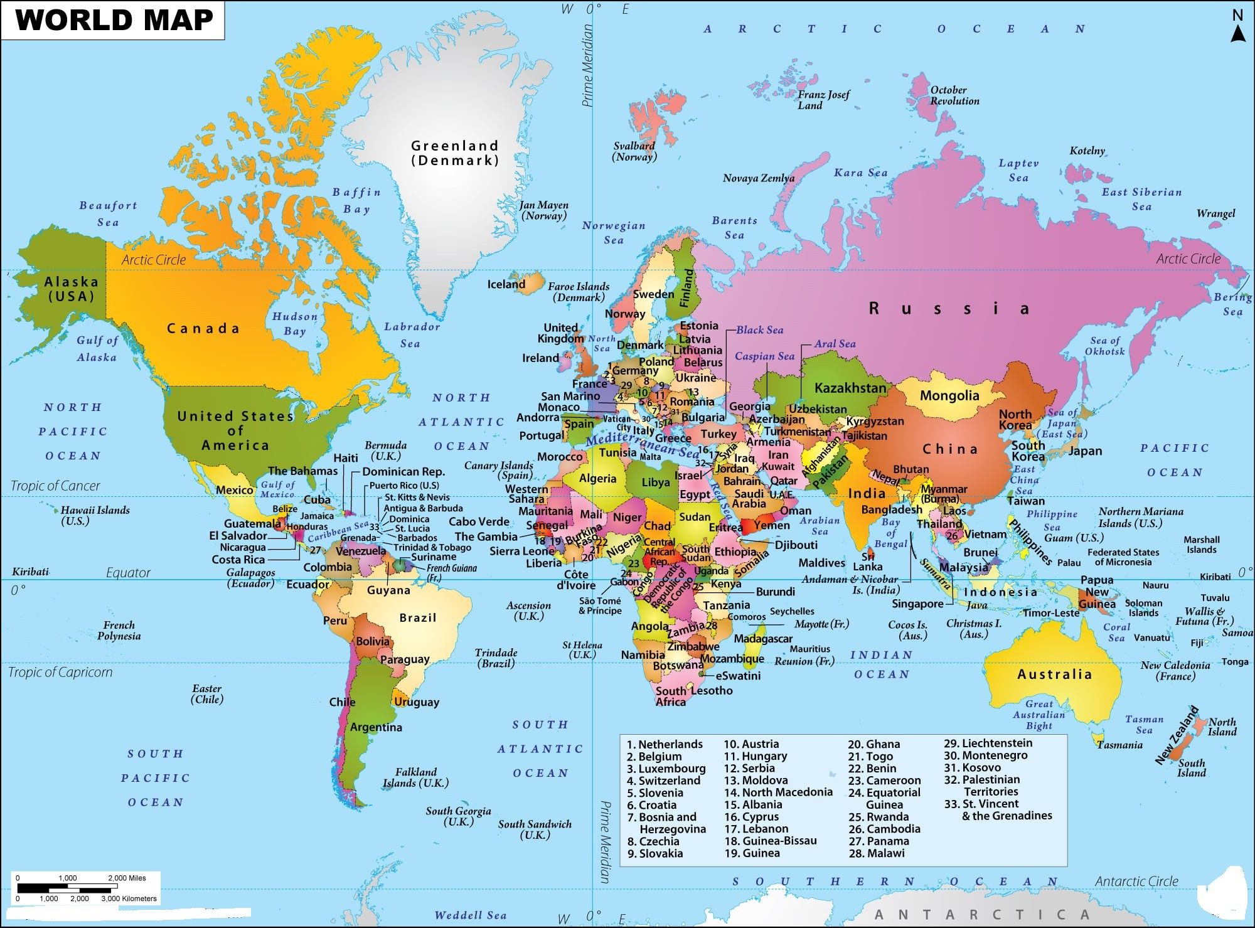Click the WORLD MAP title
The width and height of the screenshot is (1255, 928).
click(x=114, y=20)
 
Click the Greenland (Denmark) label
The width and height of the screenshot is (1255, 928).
click(x=455, y=152)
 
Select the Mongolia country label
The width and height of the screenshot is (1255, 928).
click(x=949, y=395)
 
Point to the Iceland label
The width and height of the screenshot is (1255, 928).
click(x=506, y=284)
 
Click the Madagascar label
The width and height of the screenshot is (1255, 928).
click(x=763, y=638)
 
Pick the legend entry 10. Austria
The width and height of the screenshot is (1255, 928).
click(x=751, y=744)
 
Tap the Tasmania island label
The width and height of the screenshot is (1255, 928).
click(x=1119, y=745)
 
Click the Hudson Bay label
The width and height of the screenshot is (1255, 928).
click(x=294, y=324)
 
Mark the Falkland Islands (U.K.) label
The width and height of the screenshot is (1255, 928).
click(x=415, y=777)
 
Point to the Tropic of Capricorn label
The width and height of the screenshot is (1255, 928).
click(x=60, y=672)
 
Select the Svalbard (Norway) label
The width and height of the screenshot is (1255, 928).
click(x=634, y=151)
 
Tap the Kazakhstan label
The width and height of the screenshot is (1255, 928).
click(x=850, y=388)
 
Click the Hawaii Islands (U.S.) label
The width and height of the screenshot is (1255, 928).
click(x=95, y=515)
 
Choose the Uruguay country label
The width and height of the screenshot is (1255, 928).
click(x=417, y=702)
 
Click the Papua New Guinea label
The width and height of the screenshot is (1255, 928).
click(x=1097, y=592)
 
